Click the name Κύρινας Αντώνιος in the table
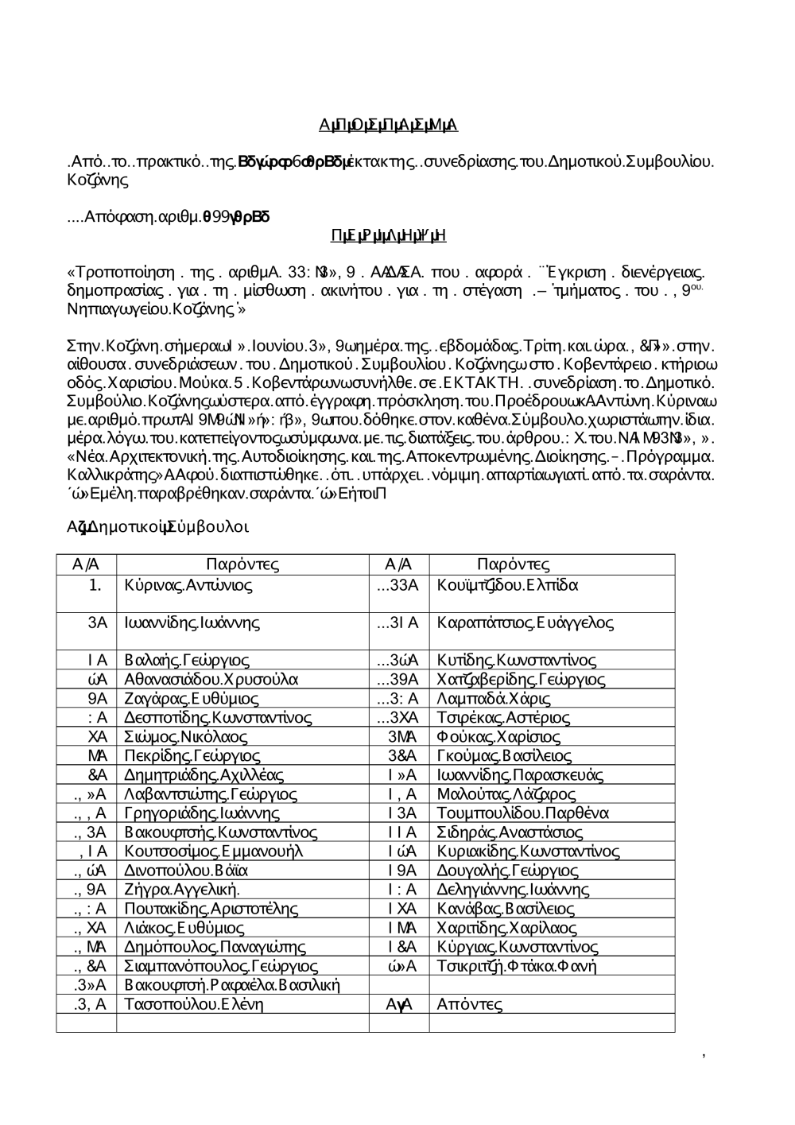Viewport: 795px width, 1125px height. [x=188, y=586]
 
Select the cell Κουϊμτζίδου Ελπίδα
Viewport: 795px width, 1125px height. [x=507, y=586]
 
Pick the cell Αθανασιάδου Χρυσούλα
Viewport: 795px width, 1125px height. [x=211, y=680]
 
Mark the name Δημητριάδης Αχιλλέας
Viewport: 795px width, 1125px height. [x=204, y=775]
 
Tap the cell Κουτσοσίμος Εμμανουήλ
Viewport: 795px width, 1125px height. [x=214, y=852]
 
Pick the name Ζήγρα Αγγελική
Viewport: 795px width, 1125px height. [x=182, y=890]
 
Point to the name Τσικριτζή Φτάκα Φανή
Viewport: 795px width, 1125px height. [x=517, y=966]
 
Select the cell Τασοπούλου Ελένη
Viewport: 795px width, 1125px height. [x=194, y=1004]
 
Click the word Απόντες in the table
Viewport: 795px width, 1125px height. [x=469, y=1004]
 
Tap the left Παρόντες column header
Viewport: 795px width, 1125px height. [x=242, y=565]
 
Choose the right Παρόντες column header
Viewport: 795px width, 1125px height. [x=513, y=565]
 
